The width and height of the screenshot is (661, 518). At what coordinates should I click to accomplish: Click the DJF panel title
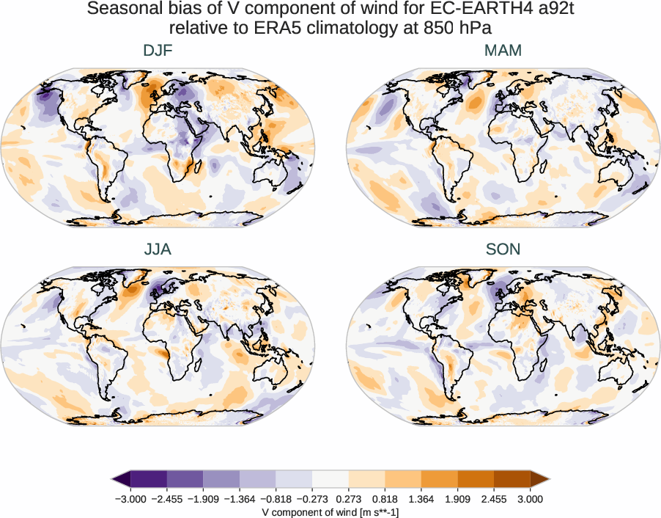click(x=158, y=51)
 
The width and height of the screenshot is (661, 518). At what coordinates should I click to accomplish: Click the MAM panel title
click(x=503, y=51)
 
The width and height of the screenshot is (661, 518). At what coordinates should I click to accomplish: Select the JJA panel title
click(x=158, y=249)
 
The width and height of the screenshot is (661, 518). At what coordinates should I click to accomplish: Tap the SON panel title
click(x=503, y=249)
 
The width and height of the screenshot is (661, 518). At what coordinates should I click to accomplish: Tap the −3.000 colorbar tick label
click(x=131, y=499)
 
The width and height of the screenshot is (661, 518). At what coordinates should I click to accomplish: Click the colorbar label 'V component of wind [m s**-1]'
click(x=330, y=512)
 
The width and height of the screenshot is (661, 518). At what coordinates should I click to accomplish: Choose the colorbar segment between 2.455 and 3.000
click(x=512, y=480)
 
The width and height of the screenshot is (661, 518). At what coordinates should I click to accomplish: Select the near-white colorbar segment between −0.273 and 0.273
click(x=330, y=480)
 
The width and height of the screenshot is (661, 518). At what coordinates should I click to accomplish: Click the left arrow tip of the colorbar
click(x=114, y=480)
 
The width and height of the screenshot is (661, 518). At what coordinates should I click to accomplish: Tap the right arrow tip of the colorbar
click(x=547, y=480)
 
